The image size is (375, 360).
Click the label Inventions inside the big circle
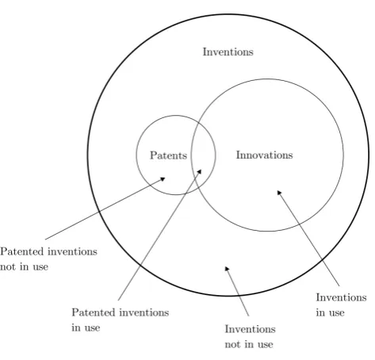tap(228, 52)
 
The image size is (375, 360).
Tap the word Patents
tap(168, 155)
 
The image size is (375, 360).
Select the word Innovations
tap(264, 155)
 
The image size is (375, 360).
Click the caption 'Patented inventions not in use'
tap(48, 259)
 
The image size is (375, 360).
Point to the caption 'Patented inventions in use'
tap(121, 320)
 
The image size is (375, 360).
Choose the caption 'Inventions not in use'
tap(250, 336)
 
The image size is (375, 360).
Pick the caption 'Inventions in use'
tap(341, 304)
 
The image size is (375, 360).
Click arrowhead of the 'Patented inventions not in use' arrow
tap(163, 179)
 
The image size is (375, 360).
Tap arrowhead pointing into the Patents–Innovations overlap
tap(200, 171)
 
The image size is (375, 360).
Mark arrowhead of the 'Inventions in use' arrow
tap(279, 193)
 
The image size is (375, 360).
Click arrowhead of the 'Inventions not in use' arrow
tap(227, 269)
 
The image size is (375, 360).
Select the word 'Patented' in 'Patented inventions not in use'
tap(21, 251)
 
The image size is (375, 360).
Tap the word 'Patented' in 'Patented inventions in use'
tap(94, 312)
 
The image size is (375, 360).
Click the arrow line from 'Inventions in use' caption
tap(308, 238)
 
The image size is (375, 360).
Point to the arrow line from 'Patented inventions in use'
tap(159, 235)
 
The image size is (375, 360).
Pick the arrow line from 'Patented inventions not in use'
tap(105, 209)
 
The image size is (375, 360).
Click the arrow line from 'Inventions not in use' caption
tap(237, 291)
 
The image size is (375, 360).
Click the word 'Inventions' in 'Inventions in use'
tap(341, 297)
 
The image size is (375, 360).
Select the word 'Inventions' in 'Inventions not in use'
tap(250, 329)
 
